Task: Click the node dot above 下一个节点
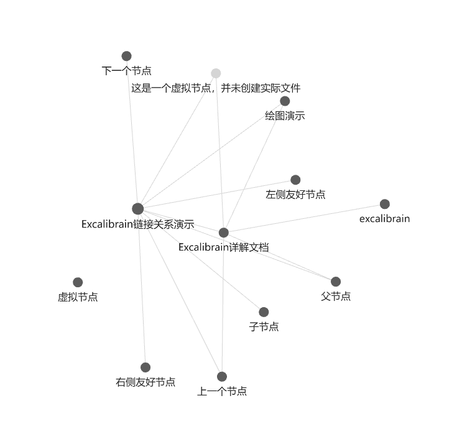click(x=127, y=56)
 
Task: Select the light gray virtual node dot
click(x=216, y=73)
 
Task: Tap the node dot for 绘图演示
click(x=285, y=101)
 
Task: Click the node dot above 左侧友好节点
click(x=295, y=180)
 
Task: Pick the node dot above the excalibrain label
click(x=385, y=204)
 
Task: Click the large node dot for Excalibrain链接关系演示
click(x=138, y=208)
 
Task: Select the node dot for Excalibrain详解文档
click(x=224, y=233)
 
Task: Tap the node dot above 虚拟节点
click(x=78, y=282)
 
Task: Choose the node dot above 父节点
click(x=336, y=282)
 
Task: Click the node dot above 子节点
click(x=264, y=312)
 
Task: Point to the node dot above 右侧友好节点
click(x=146, y=367)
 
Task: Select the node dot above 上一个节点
click(x=222, y=377)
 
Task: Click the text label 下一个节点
click(x=127, y=71)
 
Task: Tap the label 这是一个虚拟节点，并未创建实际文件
click(x=216, y=88)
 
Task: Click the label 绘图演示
click(x=285, y=116)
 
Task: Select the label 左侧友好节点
click(x=295, y=195)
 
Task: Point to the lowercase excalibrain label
click(x=385, y=219)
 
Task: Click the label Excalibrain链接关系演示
click(x=138, y=224)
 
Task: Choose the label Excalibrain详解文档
click(x=224, y=247)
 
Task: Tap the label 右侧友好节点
click(x=146, y=382)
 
